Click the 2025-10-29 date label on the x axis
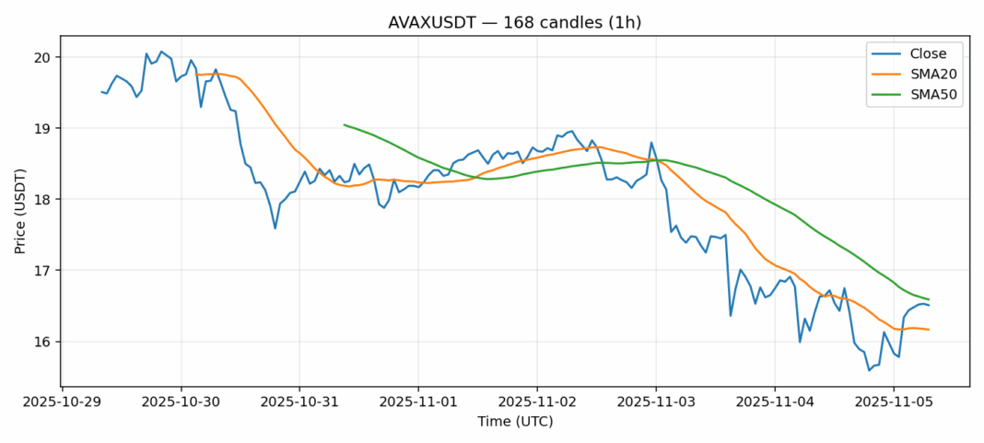(x=62, y=402)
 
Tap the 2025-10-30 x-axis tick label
(x=181, y=402)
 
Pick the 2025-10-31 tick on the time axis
(x=299, y=402)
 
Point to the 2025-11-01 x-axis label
(x=418, y=402)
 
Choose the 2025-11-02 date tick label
(x=537, y=402)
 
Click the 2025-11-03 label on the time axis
(x=656, y=402)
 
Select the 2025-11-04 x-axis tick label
(x=775, y=402)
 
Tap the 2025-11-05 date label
(x=894, y=402)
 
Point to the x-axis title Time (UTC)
(x=515, y=422)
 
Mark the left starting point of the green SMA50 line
(x=344, y=124)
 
